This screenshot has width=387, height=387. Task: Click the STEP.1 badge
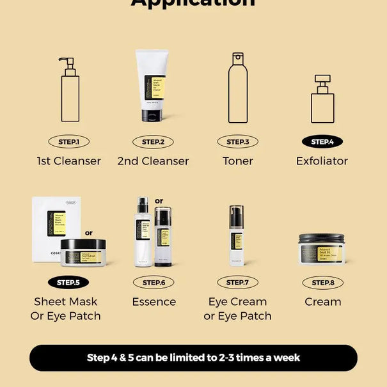click(x=68, y=141)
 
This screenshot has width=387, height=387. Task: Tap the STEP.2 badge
click(x=153, y=141)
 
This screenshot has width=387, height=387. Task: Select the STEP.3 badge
click(x=237, y=141)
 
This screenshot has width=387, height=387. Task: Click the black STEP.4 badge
click(x=322, y=141)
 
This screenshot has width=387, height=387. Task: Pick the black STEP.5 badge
click(x=68, y=282)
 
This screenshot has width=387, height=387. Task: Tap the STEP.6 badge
click(x=153, y=282)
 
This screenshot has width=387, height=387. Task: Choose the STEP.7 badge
click(x=237, y=282)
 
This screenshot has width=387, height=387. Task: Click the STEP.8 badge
click(x=322, y=282)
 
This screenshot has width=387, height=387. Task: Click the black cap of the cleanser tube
click(x=152, y=115)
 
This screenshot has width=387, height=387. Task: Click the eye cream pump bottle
click(x=237, y=235)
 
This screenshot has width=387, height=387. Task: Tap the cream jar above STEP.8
click(x=321, y=248)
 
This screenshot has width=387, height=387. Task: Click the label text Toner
click(x=237, y=161)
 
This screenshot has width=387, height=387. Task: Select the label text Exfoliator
click(x=322, y=161)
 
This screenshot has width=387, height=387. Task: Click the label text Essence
click(x=154, y=302)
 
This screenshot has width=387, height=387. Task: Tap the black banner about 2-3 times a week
click(x=193, y=358)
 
